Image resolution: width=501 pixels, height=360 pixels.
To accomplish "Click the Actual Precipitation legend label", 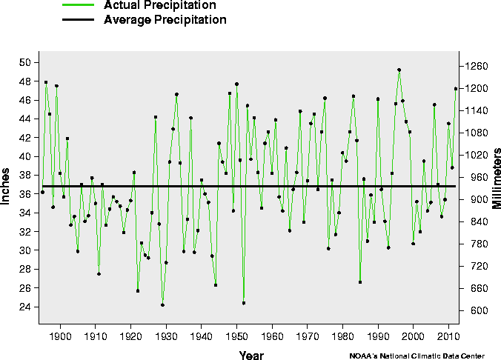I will pyautogui.click(x=160, y=5).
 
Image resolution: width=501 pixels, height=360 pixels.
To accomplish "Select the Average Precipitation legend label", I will pyautogui.click(x=165, y=20).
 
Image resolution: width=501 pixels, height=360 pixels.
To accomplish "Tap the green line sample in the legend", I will pyautogui.click(x=78, y=5).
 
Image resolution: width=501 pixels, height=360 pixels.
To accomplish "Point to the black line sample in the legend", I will pyautogui.click(x=78, y=20).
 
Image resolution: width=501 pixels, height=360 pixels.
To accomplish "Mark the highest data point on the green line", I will pyautogui.click(x=399, y=70).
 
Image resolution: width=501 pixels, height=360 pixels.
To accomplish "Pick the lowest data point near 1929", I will pyautogui.click(x=162, y=304).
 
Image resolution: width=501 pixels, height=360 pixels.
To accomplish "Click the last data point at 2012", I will pyautogui.click(x=456, y=89).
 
